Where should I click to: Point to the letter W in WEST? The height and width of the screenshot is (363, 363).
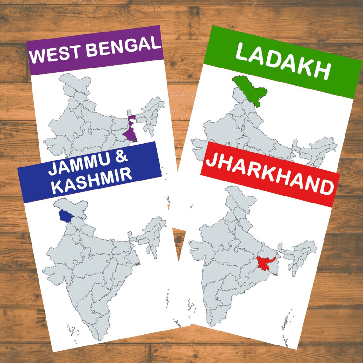[x=36, y=57]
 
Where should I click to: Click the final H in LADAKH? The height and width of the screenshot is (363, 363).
[x=322, y=71]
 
